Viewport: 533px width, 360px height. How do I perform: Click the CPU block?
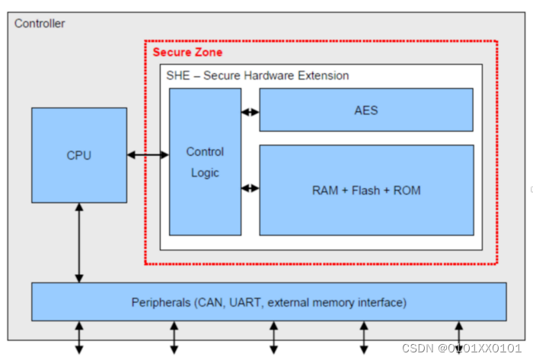(x=78, y=155)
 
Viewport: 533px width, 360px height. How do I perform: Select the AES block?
(x=366, y=110)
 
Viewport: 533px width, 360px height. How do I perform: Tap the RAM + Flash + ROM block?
(x=366, y=190)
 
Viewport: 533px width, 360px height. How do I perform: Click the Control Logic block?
(x=205, y=161)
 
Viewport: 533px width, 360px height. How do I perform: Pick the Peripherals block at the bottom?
(x=268, y=302)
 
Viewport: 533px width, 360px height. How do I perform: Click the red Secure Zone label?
(x=187, y=53)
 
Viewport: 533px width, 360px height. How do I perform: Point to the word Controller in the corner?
(x=40, y=24)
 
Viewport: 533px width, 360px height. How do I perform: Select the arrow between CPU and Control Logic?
(x=148, y=155)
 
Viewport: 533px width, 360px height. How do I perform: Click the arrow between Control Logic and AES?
(x=250, y=112)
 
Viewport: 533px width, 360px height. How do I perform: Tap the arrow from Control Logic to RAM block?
(x=250, y=187)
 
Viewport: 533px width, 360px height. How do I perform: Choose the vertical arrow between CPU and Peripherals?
(x=78, y=242)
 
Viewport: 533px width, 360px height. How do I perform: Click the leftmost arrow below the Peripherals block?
(x=78, y=337)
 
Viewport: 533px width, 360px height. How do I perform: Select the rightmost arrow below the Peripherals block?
(x=458, y=337)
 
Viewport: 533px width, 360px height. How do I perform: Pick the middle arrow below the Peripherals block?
(x=273, y=337)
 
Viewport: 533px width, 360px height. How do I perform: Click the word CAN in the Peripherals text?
(x=212, y=303)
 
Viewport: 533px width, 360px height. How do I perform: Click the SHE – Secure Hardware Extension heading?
(x=257, y=75)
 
